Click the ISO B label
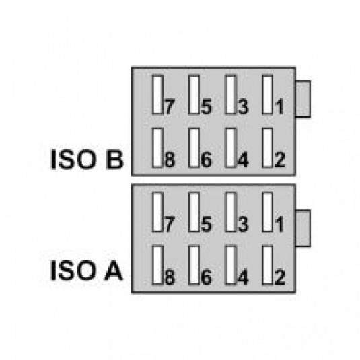(x=87, y=159)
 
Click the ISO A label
(x=87, y=271)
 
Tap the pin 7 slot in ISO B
(x=157, y=95)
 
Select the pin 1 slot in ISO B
(x=268, y=95)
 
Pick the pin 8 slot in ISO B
(x=157, y=147)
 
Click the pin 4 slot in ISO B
(x=231, y=147)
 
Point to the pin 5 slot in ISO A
(x=194, y=212)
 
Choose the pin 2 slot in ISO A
(x=268, y=265)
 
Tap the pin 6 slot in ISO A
(x=194, y=265)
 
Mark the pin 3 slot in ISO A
(x=231, y=212)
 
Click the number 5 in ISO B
(x=207, y=107)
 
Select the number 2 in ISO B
(x=280, y=159)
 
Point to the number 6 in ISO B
(x=207, y=159)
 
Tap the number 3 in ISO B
(x=244, y=107)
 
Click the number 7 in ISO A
(x=169, y=224)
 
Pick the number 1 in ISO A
(x=279, y=224)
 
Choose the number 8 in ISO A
(x=170, y=277)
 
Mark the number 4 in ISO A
(x=243, y=277)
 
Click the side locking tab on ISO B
(x=303, y=99)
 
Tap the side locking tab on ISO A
(x=303, y=228)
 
